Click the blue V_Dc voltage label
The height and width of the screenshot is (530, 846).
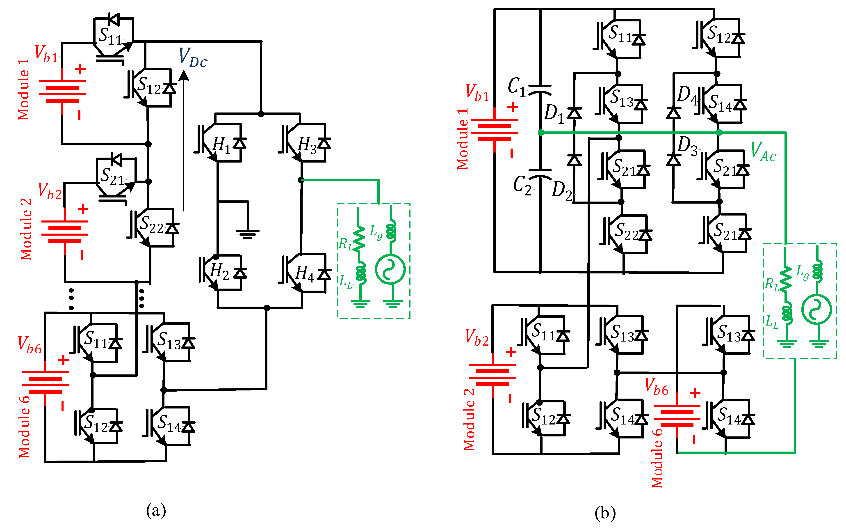[193, 58]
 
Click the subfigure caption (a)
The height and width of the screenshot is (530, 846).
[156, 510]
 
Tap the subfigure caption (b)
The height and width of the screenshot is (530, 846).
[605, 513]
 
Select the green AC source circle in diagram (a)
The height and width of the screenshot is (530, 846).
[390, 269]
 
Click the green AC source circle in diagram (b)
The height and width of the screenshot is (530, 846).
[816, 310]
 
